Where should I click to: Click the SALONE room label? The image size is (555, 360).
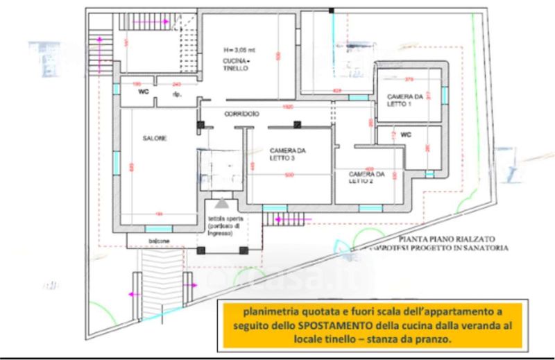[x=155, y=139]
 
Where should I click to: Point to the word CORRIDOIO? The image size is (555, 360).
[x=241, y=113]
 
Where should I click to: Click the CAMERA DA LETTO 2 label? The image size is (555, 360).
[x=366, y=178]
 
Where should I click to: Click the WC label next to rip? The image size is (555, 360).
[x=144, y=91]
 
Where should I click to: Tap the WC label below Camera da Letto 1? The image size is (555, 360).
[x=407, y=135]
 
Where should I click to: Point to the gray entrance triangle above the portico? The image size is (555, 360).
[x=221, y=203]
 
